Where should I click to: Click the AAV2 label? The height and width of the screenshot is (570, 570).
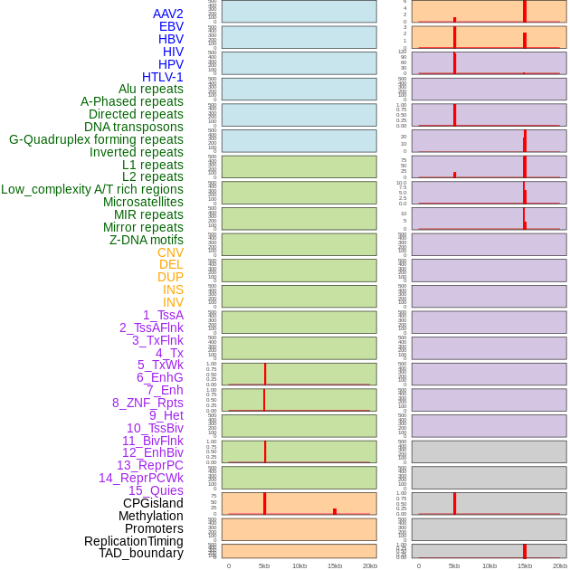(167, 14)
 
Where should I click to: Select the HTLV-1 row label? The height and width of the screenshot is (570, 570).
(162, 77)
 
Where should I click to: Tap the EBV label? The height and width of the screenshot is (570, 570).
(170, 26)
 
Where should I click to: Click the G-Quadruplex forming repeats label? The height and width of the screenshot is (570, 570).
(96, 139)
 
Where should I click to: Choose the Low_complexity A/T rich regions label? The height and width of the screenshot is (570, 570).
(92, 189)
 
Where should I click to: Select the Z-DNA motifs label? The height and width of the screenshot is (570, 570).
(146, 240)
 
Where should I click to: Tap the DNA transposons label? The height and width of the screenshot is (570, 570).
(134, 127)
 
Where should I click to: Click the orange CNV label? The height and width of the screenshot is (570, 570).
(170, 252)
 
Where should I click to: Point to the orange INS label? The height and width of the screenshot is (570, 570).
(173, 290)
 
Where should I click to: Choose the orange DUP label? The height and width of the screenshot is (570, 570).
(170, 277)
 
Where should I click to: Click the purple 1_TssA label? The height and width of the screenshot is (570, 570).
(163, 315)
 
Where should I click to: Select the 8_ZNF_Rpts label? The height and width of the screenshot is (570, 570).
(147, 403)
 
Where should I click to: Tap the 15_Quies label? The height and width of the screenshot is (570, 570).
(156, 490)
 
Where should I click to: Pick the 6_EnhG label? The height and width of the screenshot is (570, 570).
(160, 377)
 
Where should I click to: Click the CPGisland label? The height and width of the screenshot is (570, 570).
(153, 503)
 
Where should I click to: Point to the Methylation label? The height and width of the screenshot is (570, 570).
(150, 516)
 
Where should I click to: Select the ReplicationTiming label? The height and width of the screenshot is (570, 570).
(133, 541)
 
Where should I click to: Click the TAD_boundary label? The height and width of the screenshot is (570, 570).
(140, 553)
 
